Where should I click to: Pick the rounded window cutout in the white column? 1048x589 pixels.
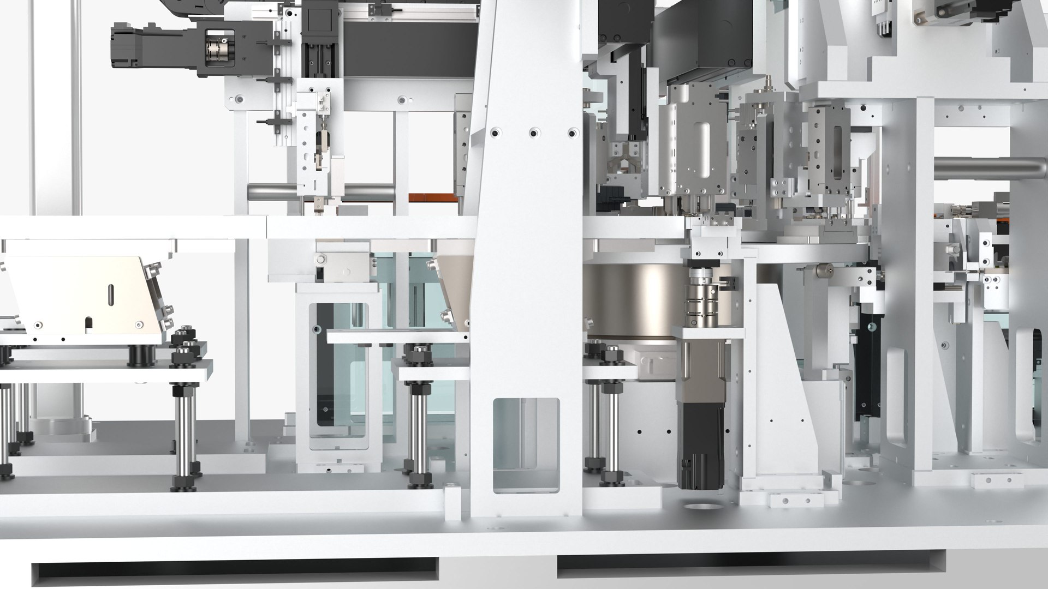[x=526, y=445]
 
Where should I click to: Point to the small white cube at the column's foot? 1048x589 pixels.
[x=452, y=503]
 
